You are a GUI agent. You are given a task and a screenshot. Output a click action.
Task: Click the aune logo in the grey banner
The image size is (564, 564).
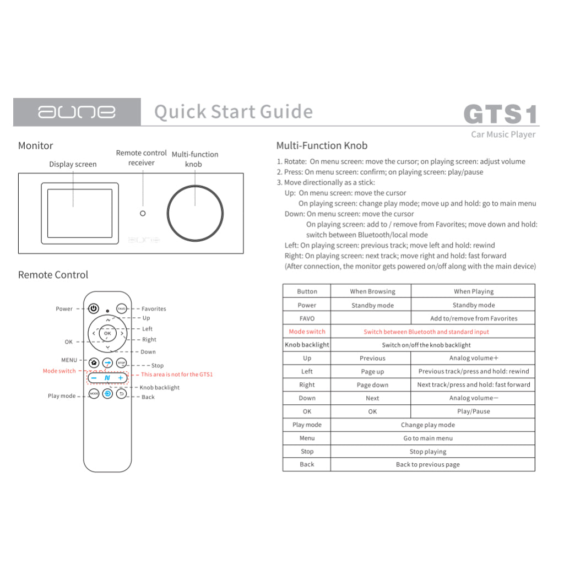[77, 112]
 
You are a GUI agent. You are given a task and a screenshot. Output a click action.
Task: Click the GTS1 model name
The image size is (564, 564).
[500, 115]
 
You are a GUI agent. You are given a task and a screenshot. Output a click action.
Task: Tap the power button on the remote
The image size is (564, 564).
[94, 309]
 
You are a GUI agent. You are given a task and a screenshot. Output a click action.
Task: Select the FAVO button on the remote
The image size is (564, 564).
[121, 309]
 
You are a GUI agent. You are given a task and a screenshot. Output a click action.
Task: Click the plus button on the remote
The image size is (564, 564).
[121, 378]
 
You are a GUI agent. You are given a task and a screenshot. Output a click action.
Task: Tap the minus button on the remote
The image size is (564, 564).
[94, 378]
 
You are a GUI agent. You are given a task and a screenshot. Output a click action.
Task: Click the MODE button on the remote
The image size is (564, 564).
[94, 394]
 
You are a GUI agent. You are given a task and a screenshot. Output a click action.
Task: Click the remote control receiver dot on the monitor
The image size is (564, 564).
[143, 213]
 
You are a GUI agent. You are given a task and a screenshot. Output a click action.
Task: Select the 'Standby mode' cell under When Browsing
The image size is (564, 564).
[372, 305]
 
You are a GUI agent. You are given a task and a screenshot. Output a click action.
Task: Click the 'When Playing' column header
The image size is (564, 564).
[473, 291]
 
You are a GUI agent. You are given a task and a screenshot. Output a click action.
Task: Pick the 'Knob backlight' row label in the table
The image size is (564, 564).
[307, 345]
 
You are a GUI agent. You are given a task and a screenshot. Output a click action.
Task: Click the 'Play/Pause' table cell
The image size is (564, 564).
[473, 411]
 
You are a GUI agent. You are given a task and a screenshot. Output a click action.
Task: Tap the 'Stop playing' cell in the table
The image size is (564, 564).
[427, 452]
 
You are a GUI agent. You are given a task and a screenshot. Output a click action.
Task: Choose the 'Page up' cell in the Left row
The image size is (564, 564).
[372, 372]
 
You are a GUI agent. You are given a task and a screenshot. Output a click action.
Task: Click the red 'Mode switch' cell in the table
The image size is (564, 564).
[307, 332]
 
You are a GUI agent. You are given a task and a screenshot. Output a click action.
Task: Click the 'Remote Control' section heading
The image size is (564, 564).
[53, 275]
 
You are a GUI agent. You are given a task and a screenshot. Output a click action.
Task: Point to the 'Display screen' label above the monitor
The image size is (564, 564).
[73, 164]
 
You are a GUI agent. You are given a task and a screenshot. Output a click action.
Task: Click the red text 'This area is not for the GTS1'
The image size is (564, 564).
[177, 375]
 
